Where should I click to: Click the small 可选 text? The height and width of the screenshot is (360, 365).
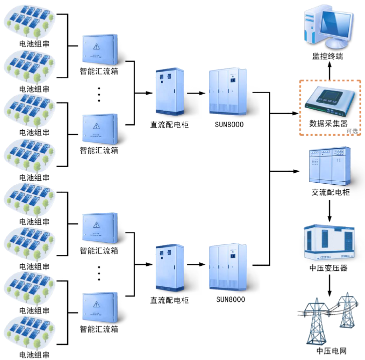[352, 131]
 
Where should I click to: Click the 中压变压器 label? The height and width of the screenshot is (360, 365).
[328, 268]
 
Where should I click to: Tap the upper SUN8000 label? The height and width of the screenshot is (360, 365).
[230, 124]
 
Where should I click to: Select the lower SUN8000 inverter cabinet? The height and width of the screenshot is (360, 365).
[230, 268]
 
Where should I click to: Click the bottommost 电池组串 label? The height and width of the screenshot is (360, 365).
[34, 355]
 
